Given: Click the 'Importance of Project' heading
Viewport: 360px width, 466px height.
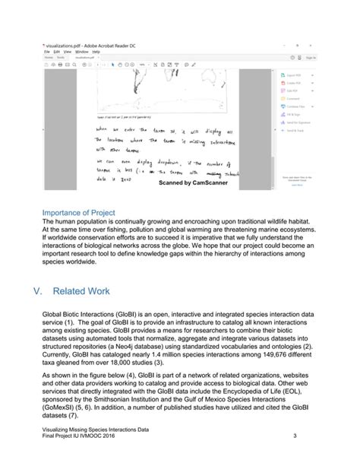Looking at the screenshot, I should (78, 212).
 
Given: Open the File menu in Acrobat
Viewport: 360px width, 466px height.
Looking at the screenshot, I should (46, 52).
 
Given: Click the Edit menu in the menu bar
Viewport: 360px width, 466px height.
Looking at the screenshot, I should (56, 52).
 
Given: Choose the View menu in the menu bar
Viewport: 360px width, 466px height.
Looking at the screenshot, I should (68, 52).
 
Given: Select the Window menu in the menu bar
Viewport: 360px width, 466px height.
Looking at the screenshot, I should (81, 52).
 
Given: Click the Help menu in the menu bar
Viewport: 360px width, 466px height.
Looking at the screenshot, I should (96, 52).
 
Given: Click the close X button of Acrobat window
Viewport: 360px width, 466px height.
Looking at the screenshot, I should (313, 46).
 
